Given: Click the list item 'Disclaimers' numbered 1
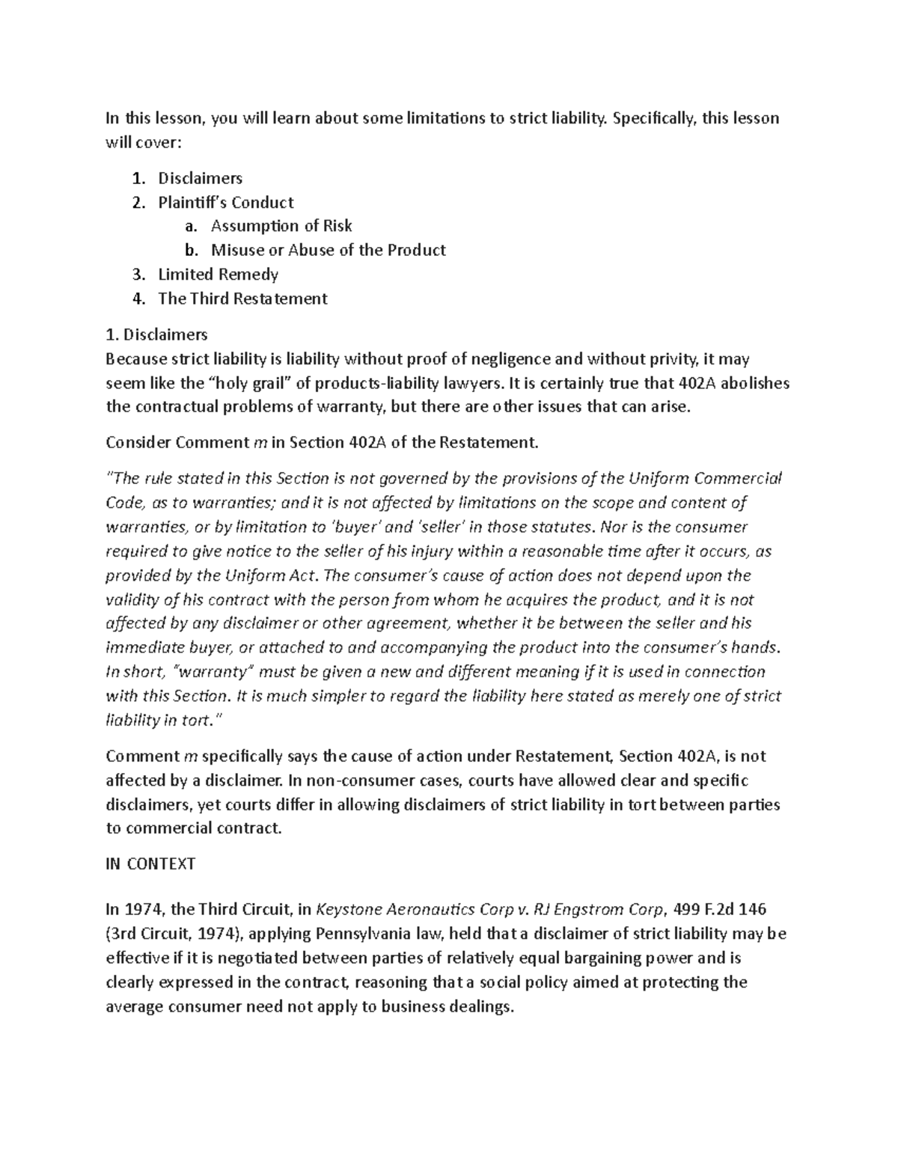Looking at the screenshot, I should tap(200, 178).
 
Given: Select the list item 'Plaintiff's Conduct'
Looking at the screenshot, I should tap(225, 202).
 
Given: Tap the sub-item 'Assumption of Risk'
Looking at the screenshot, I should tap(281, 226).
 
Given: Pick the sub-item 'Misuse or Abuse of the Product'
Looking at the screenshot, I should tap(328, 250).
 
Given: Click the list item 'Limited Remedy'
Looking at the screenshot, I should tap(218, 275).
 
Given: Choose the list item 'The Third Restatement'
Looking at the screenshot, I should tap(242, 299).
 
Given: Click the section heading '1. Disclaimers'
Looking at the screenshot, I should tap(157, 334).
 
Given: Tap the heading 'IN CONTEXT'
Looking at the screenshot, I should tap(150, 864).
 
